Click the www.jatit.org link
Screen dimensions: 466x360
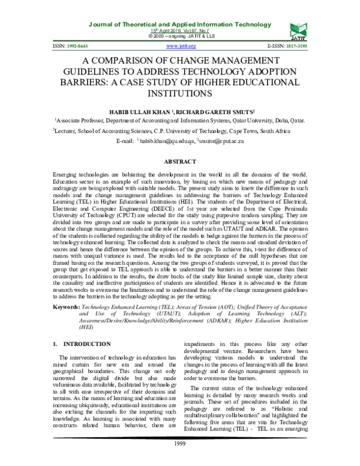coord(179,46)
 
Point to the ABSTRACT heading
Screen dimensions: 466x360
coord(180,162)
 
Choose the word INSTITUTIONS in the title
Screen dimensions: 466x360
coord(179,94)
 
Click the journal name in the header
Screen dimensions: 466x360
coord(180,24)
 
